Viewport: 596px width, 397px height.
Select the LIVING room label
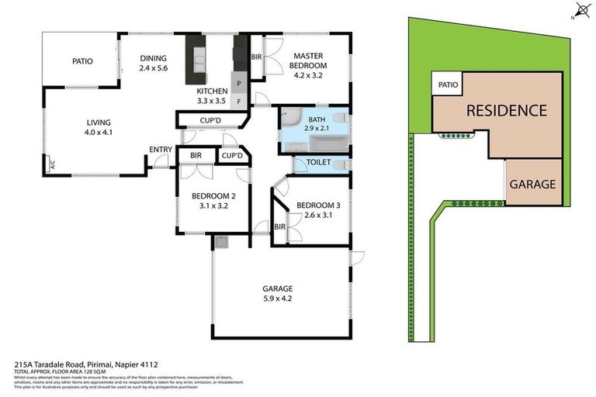98,122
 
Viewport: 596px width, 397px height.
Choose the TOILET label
319,162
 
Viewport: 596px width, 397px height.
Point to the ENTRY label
161,150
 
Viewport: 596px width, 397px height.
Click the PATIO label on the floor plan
83,61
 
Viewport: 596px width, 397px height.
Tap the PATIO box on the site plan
447,85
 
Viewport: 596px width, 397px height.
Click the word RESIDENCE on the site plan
506,111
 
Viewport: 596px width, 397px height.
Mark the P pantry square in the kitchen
239,83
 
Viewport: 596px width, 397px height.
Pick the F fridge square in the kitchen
239,101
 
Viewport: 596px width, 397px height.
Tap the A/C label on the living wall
52,164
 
